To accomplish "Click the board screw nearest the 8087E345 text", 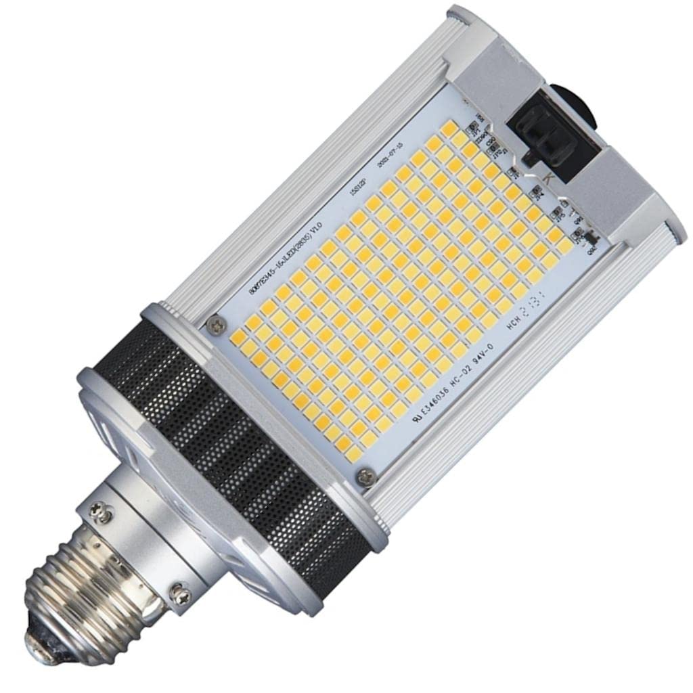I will [216, 325].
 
